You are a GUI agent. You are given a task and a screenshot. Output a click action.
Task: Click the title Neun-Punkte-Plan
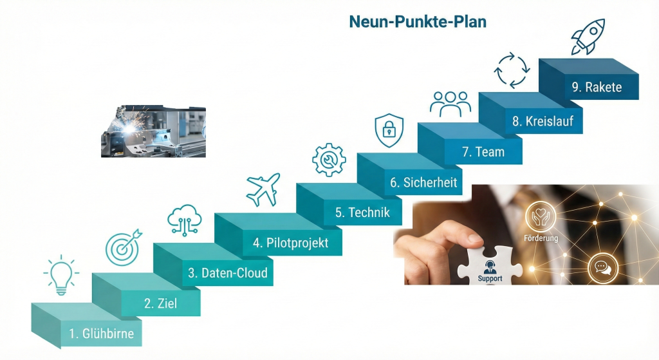(417, 21)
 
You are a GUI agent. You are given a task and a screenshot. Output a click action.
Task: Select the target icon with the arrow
(123, 247)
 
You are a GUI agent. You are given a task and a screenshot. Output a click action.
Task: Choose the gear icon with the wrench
(328, 159)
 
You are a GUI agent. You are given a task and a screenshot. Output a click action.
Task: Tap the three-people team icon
(450, 103)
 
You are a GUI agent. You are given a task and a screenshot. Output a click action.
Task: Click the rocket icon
(588, 36)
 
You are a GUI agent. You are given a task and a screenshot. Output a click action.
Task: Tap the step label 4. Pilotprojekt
(290, 243)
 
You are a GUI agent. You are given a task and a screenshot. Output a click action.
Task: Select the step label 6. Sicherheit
(423, 182)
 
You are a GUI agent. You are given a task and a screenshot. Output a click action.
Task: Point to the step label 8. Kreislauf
(543, 121)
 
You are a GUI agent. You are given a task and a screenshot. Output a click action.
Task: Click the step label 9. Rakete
(597, 87)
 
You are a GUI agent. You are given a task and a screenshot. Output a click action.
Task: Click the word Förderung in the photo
(541, 238)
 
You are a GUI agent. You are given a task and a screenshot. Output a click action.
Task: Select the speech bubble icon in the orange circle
(602, 267)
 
